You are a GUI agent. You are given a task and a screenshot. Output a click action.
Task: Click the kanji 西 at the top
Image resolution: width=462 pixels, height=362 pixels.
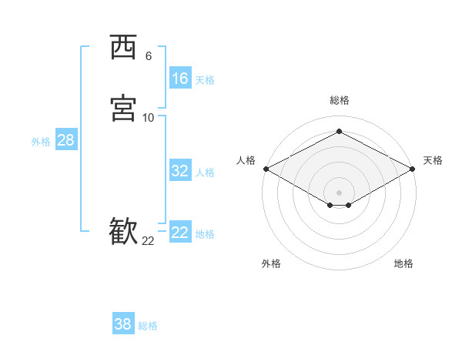coord(123,48)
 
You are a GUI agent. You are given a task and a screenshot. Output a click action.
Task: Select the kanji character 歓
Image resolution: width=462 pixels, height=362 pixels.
coord(123,232)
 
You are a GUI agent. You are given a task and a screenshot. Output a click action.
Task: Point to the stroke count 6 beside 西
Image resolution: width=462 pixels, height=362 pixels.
coord(148,56)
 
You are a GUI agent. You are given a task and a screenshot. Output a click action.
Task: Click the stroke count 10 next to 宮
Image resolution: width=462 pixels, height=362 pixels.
coord(148,118)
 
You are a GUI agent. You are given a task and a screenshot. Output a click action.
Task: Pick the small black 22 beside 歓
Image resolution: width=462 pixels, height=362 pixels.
coord(148,241)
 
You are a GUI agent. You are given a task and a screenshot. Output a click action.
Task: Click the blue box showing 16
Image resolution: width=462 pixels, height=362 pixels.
coord(179,79)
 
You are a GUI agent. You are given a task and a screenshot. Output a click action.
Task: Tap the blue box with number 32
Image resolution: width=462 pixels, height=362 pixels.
coord(179,171)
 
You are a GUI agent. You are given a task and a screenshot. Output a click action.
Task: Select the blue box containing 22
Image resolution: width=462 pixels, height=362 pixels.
coord(179,233)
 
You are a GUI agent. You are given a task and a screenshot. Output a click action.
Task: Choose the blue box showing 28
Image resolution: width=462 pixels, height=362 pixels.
coord(65,140)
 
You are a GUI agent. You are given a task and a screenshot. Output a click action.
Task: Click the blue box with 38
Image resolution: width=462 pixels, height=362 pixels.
coord(122,324)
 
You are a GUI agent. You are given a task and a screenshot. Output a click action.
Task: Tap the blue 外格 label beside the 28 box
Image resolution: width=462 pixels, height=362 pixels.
coord(41,142)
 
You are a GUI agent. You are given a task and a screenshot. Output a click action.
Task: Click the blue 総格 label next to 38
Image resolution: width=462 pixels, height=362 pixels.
coord(148,326)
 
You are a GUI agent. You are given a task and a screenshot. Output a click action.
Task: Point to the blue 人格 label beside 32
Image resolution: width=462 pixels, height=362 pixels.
coord(206,173)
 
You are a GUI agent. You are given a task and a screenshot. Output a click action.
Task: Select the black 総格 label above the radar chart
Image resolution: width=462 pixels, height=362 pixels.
coord(340,100)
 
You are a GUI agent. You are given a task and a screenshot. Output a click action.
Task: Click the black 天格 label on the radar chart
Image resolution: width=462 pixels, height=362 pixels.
coord(433,160)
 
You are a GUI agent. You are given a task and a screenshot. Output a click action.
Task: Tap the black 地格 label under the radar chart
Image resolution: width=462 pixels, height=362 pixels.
coord(403,263)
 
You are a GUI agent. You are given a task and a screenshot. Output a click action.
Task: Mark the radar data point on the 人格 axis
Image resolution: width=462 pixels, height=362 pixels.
coord(266,169)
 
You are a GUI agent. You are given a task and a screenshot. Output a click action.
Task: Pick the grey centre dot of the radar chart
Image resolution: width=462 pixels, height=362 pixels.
coord(340,193)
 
